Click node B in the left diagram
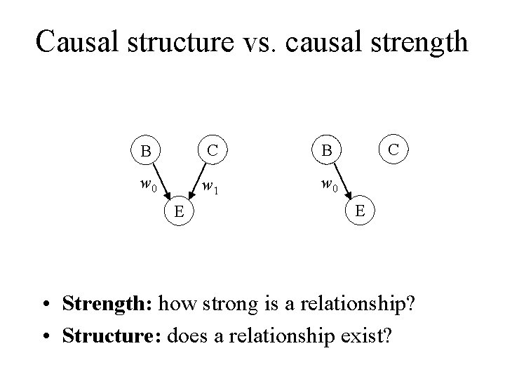pos(146,152)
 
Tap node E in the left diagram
pos(180,211)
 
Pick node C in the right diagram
pos(394,149)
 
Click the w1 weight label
pos(209,187)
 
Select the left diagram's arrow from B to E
pos(161,181)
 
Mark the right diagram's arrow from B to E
pos(342,181)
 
